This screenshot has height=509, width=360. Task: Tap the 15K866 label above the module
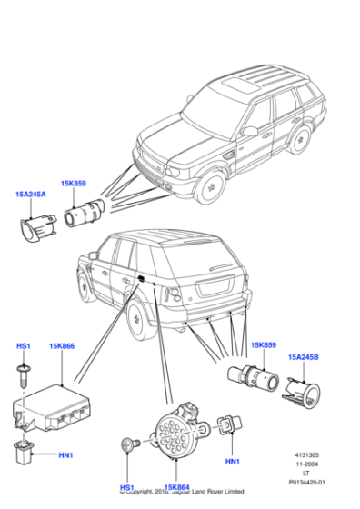[x=62, y=346]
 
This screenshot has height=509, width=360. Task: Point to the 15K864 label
[x=176, y=488]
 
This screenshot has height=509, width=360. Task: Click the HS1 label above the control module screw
[x=24, y=346]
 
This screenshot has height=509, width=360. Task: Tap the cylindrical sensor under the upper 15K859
[x=87, y=215]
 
